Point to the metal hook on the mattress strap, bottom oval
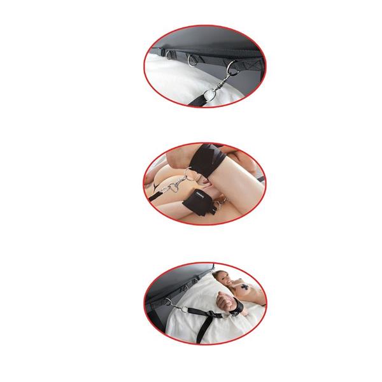click(169, 304)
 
